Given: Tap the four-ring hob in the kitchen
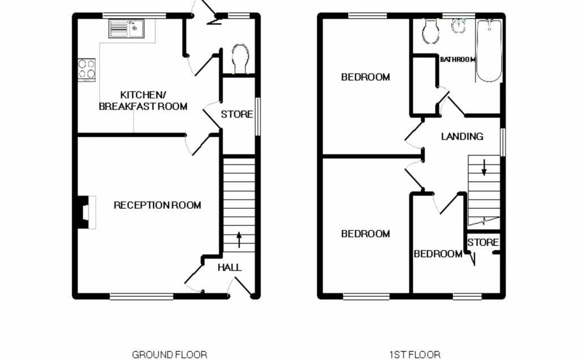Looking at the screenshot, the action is pyautogui.click(x=87, y=70).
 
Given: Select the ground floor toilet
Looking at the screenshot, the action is pyautogui.click(x=240, y=59).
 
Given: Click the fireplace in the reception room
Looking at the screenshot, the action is pyautogui.click(x=87, y=212).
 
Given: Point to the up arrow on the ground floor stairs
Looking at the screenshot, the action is pyautogui.click(x=239, y=239).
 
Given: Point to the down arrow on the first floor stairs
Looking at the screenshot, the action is pyautogui.click(x=484, y=167).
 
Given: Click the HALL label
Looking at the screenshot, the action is pyautogui.click(x=230, y=268).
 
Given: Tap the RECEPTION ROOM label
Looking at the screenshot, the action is pyautogui.click(x=157, y=205).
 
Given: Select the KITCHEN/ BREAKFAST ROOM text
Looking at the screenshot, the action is pyautogui.click(x=143, y=101).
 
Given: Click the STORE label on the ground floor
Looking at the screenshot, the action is pyautogui.click(x=237, y=114).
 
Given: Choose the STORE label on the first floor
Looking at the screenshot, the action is pyautogui.click(x=483, y=242).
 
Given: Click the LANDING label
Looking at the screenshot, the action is pyautogui.click(x=462, y=136).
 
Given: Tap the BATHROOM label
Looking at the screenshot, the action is pyautogui.click(x=458, y=59).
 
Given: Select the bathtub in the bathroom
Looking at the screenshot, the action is pyautogui.click(x=489, y=50).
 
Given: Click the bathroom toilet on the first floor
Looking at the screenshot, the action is pyautogui.click(x=430, y=31).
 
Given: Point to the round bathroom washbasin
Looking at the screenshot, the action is pyautogui.click(x=458, y=26).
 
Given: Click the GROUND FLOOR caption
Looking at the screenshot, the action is pyautogui.click(x=169, y=355).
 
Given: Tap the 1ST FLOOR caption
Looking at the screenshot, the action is pyautogui.click(x=415, y=355).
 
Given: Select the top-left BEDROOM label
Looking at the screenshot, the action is pyautogui.click(x=365, y=77).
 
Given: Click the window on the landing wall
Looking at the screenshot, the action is pyautogui.click(x=503, y=142).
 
